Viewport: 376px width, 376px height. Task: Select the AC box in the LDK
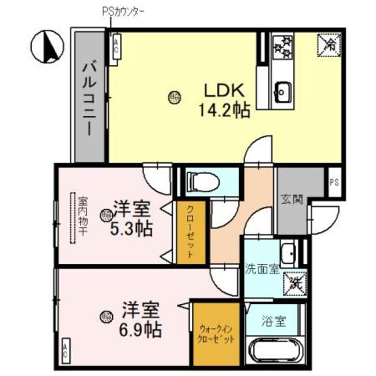pyautogui.click(x=116, y=46)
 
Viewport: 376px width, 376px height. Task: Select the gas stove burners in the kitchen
pyautogui.click(x=282, y=47)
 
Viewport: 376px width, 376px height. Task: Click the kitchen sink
pyautogui.click(x=283, y=91)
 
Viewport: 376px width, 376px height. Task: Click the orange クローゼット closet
pyautogui.click(x=192, y=233)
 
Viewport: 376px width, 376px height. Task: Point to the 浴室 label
pyautogui.click(x=274, y=321)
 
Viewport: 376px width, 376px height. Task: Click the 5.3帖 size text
pyautogui.click(x=132, y=227)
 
